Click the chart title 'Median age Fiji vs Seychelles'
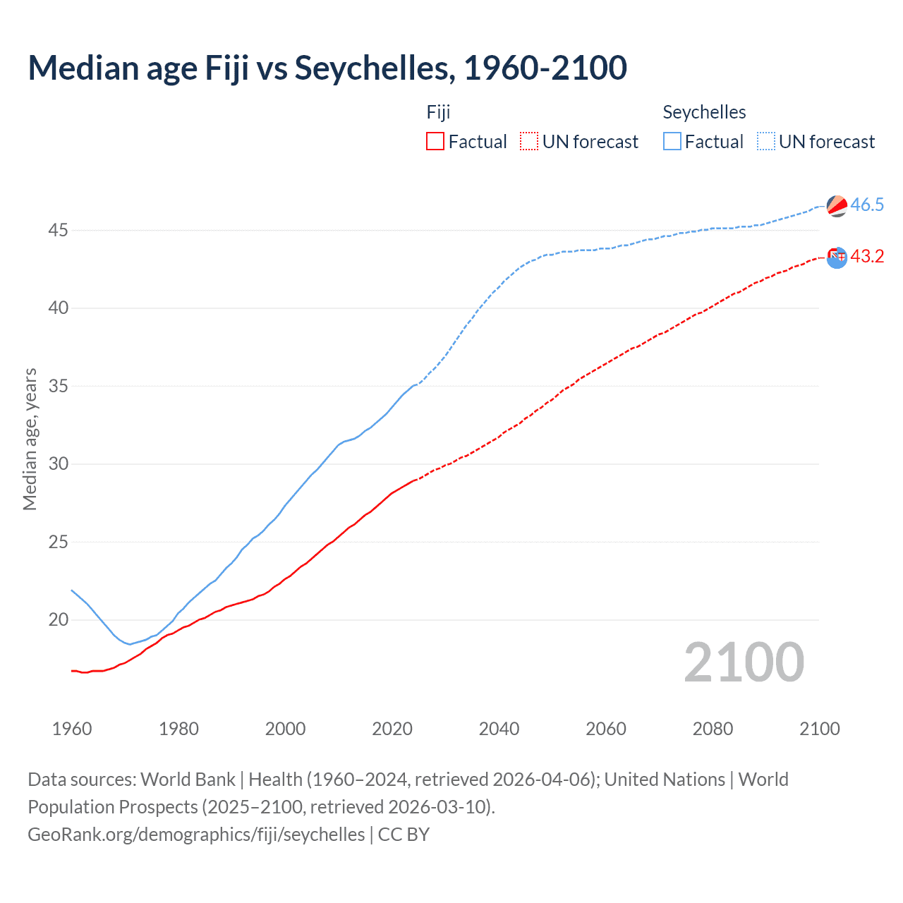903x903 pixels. [327, 68]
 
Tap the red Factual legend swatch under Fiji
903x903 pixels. [435, 141]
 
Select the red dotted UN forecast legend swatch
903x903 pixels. [529, 141]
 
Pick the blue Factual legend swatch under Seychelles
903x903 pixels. [672, 141]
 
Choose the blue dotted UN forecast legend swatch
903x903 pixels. [766, 141]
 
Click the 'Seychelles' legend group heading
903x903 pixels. [704, 112]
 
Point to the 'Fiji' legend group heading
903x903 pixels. [438, 112]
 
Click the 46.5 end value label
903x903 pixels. [867, 205]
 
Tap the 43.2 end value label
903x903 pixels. [867, 257]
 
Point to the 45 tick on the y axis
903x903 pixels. [59, 231]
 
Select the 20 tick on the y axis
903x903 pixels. [59, 620]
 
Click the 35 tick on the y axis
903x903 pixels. [59, 387]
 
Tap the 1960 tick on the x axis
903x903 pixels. [72, 729]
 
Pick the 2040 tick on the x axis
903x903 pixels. [499, 729]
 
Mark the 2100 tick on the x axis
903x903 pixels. [819, 729]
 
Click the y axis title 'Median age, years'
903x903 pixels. [30, 439]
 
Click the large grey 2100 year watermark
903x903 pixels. [744, 662]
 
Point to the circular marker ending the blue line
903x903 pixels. [837, 206]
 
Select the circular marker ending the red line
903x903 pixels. [837, 257]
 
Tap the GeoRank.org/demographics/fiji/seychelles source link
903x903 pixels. [196, 835]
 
